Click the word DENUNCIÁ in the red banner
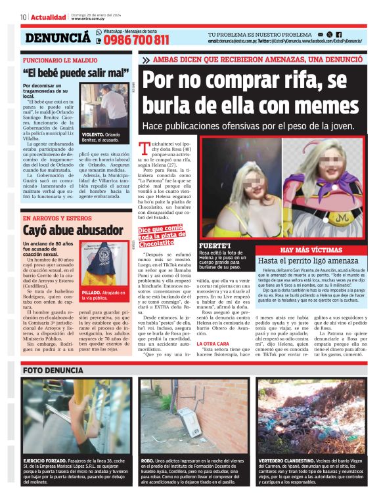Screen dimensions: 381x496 (56, 38)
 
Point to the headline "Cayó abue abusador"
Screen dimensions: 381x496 (65, 230)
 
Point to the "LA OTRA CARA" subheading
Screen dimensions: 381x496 (194, 343)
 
